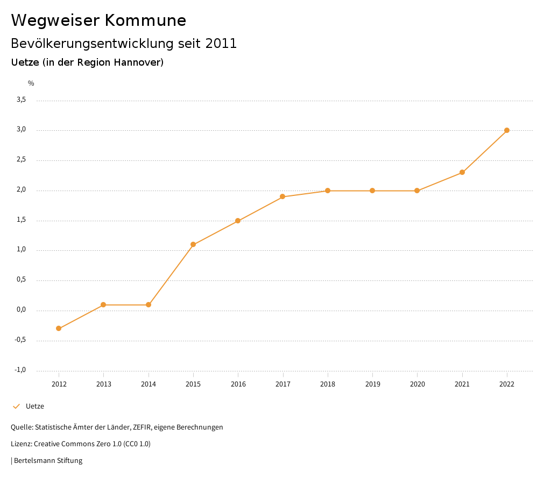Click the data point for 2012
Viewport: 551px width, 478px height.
pos(59,328)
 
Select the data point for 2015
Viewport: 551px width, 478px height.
pos(193,244)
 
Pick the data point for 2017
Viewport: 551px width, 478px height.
pos(283,196)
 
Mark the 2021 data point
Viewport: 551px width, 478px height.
pos(462,172)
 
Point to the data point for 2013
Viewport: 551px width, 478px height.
pos(103,305)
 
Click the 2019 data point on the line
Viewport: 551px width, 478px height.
pos(372,191)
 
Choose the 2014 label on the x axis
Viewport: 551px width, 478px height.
pos(149,384)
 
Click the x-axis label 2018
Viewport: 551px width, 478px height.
pos(328,384)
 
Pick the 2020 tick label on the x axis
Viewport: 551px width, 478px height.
pos(418,384)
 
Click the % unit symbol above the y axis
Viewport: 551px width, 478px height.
pos(31,83)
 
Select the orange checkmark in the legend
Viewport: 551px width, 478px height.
pos(16,406)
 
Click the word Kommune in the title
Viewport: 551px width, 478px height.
pos(145,20)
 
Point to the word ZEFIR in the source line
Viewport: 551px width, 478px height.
pos(142,427)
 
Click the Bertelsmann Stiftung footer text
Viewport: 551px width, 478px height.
pos(48,461)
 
